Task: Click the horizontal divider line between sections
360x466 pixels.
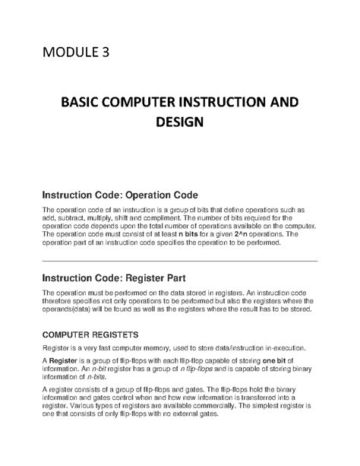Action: point(179,261)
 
